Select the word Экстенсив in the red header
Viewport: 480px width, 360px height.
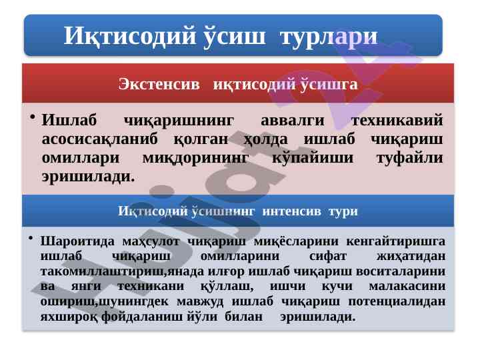point(159,84)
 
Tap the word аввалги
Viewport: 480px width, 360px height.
point(293,120)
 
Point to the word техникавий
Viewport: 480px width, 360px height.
point(397,120)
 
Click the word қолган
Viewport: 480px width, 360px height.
point(201,140)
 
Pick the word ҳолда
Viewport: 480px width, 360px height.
point(266,140)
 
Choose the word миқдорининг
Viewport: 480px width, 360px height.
point(195,158)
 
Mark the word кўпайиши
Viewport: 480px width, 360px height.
point(313,158)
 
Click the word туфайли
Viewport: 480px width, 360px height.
point(409,158)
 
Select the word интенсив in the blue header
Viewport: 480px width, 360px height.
point(291,211)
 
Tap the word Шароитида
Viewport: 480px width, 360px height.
point(77,241)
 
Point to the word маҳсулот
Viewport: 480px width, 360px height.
point(151,241)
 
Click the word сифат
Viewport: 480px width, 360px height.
point(328,257)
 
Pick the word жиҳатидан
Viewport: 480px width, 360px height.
point(411,257)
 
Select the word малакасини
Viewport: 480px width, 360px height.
point(407,286)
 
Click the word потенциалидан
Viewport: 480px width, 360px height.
point(397,301)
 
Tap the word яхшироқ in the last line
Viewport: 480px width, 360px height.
point(69,317)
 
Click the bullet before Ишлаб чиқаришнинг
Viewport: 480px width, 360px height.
point(33,117)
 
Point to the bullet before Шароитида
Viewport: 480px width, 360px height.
point(30,237)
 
